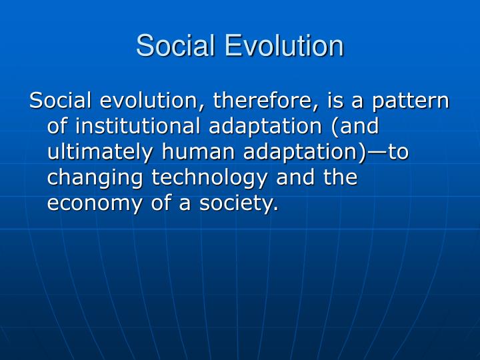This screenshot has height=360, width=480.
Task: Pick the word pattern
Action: coord(411,101)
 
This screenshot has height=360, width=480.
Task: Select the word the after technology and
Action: coord(339,178)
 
